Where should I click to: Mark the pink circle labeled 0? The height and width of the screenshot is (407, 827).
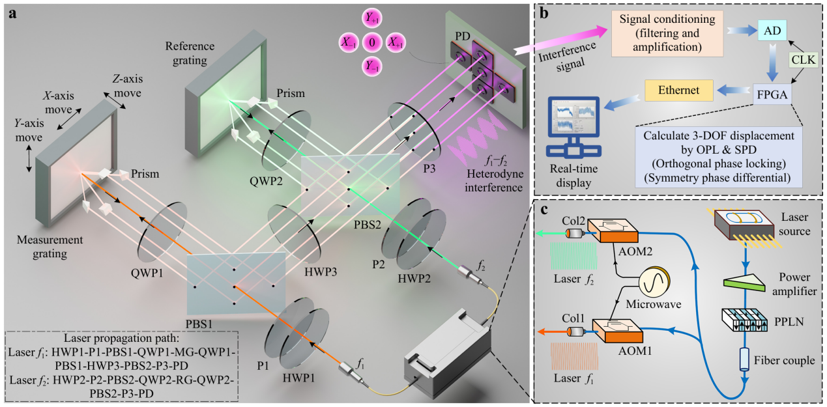pos(371,43)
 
